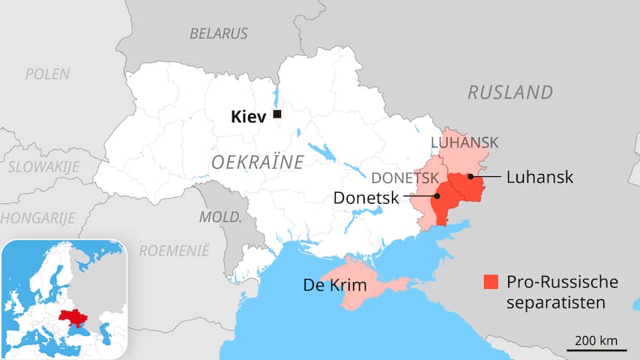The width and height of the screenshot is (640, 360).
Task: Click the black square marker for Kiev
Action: (277, 114)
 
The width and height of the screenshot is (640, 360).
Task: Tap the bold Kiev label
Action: (247, 115)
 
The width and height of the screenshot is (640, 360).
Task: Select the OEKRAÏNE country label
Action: (257, 162)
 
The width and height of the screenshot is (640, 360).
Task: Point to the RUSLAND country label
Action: (510, 92)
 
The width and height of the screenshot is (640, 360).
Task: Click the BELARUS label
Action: (218, 34)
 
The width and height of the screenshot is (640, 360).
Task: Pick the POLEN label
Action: (47, 74)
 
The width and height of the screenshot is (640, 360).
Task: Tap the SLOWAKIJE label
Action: (43, 167)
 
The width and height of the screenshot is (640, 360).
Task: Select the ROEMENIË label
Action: (175, 250)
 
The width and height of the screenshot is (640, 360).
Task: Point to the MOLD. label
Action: (220, 217)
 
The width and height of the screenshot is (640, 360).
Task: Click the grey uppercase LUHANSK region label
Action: (465, 142)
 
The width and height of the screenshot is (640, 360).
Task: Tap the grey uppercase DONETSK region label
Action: (405, 178)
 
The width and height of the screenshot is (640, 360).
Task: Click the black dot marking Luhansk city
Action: (470, 177)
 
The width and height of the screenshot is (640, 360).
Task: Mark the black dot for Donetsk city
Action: (436, 196)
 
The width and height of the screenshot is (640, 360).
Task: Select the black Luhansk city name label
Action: (540, 178)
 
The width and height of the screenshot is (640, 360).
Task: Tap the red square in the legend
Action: (491, 282)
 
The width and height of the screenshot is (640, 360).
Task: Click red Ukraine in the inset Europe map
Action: (73, 318)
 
